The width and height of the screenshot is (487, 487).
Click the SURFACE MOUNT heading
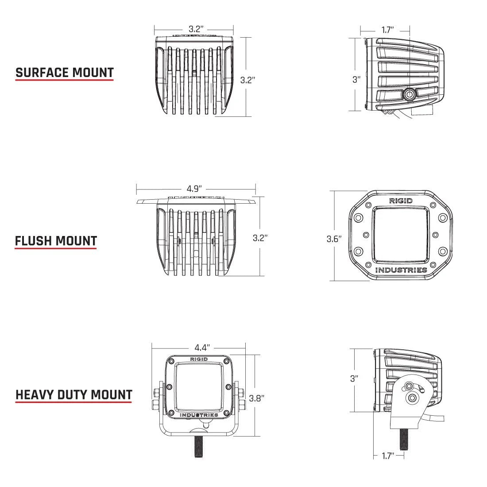point(65,73)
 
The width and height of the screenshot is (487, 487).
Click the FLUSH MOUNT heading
point(56,241)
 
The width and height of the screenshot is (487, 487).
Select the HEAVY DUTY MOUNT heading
point(74,394)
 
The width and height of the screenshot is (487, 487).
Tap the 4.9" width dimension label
point(195,189)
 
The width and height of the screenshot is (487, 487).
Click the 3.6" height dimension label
point(334,239)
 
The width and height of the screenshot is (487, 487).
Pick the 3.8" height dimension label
point(256,398)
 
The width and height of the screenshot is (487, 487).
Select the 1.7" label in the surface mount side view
point(387,30)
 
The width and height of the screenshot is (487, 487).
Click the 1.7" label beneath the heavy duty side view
point(387,456)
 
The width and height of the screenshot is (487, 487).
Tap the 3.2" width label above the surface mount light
point(196,29)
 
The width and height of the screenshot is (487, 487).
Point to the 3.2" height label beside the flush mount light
point(260,238)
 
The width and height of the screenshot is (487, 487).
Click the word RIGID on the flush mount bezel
point(401,201)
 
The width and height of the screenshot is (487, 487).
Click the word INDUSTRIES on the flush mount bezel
point(401,270)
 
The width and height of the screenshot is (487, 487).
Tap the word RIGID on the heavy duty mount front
point(199,359)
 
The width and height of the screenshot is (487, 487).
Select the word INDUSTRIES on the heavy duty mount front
point(199,415)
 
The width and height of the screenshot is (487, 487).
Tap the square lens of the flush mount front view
point(401,235)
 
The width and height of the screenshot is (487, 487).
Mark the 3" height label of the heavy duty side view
point(354,379)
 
